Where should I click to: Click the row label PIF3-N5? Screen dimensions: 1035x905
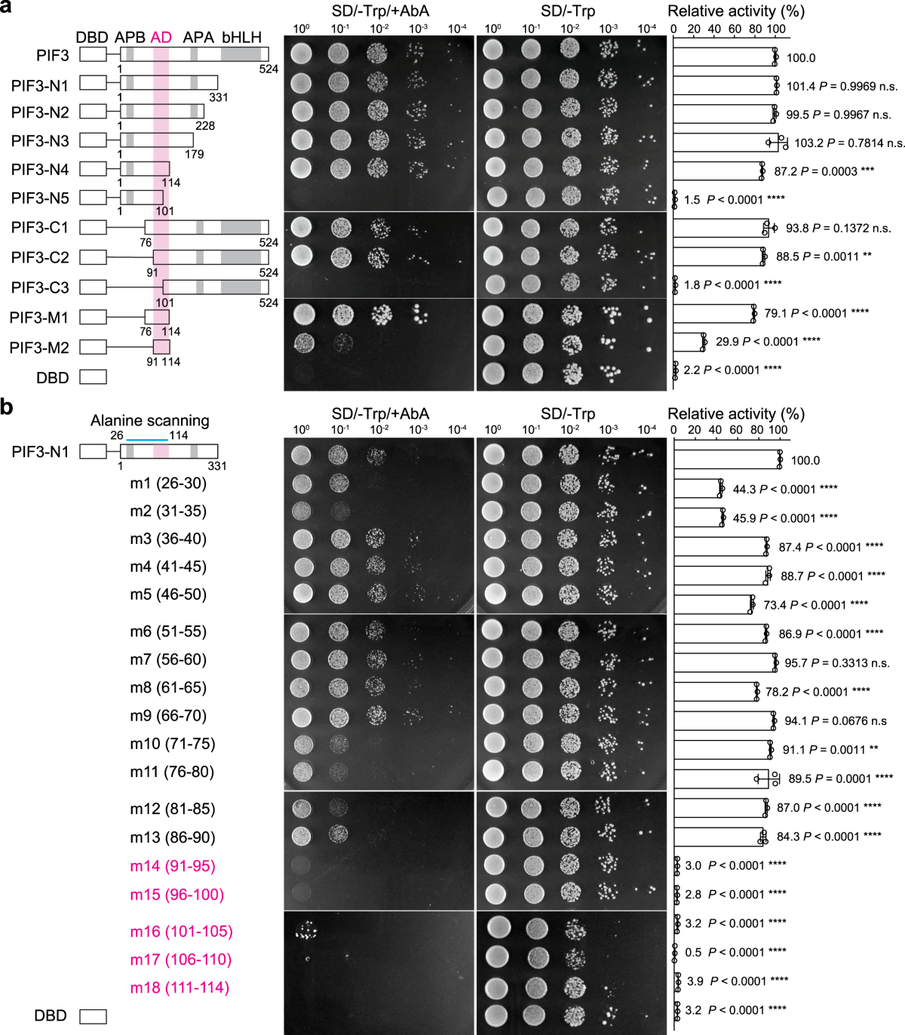coord(40,198)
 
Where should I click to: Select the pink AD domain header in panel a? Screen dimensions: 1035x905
coord(161,38)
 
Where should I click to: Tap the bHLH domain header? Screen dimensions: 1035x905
coord(241,38)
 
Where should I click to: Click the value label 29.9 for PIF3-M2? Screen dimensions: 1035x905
coord(726,342)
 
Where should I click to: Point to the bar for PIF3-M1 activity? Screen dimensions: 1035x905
coord(713,313)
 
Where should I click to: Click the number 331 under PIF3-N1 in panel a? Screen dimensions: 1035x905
coord(219,97)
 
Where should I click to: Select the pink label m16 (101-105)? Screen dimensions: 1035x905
coord(181,932)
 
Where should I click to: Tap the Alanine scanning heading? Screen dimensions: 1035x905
coord(150,421)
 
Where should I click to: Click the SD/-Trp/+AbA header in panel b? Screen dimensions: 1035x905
coord(380,413)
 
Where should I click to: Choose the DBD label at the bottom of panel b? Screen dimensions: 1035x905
coord(51,1016)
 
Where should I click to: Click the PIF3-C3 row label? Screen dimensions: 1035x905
coord(40,287)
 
